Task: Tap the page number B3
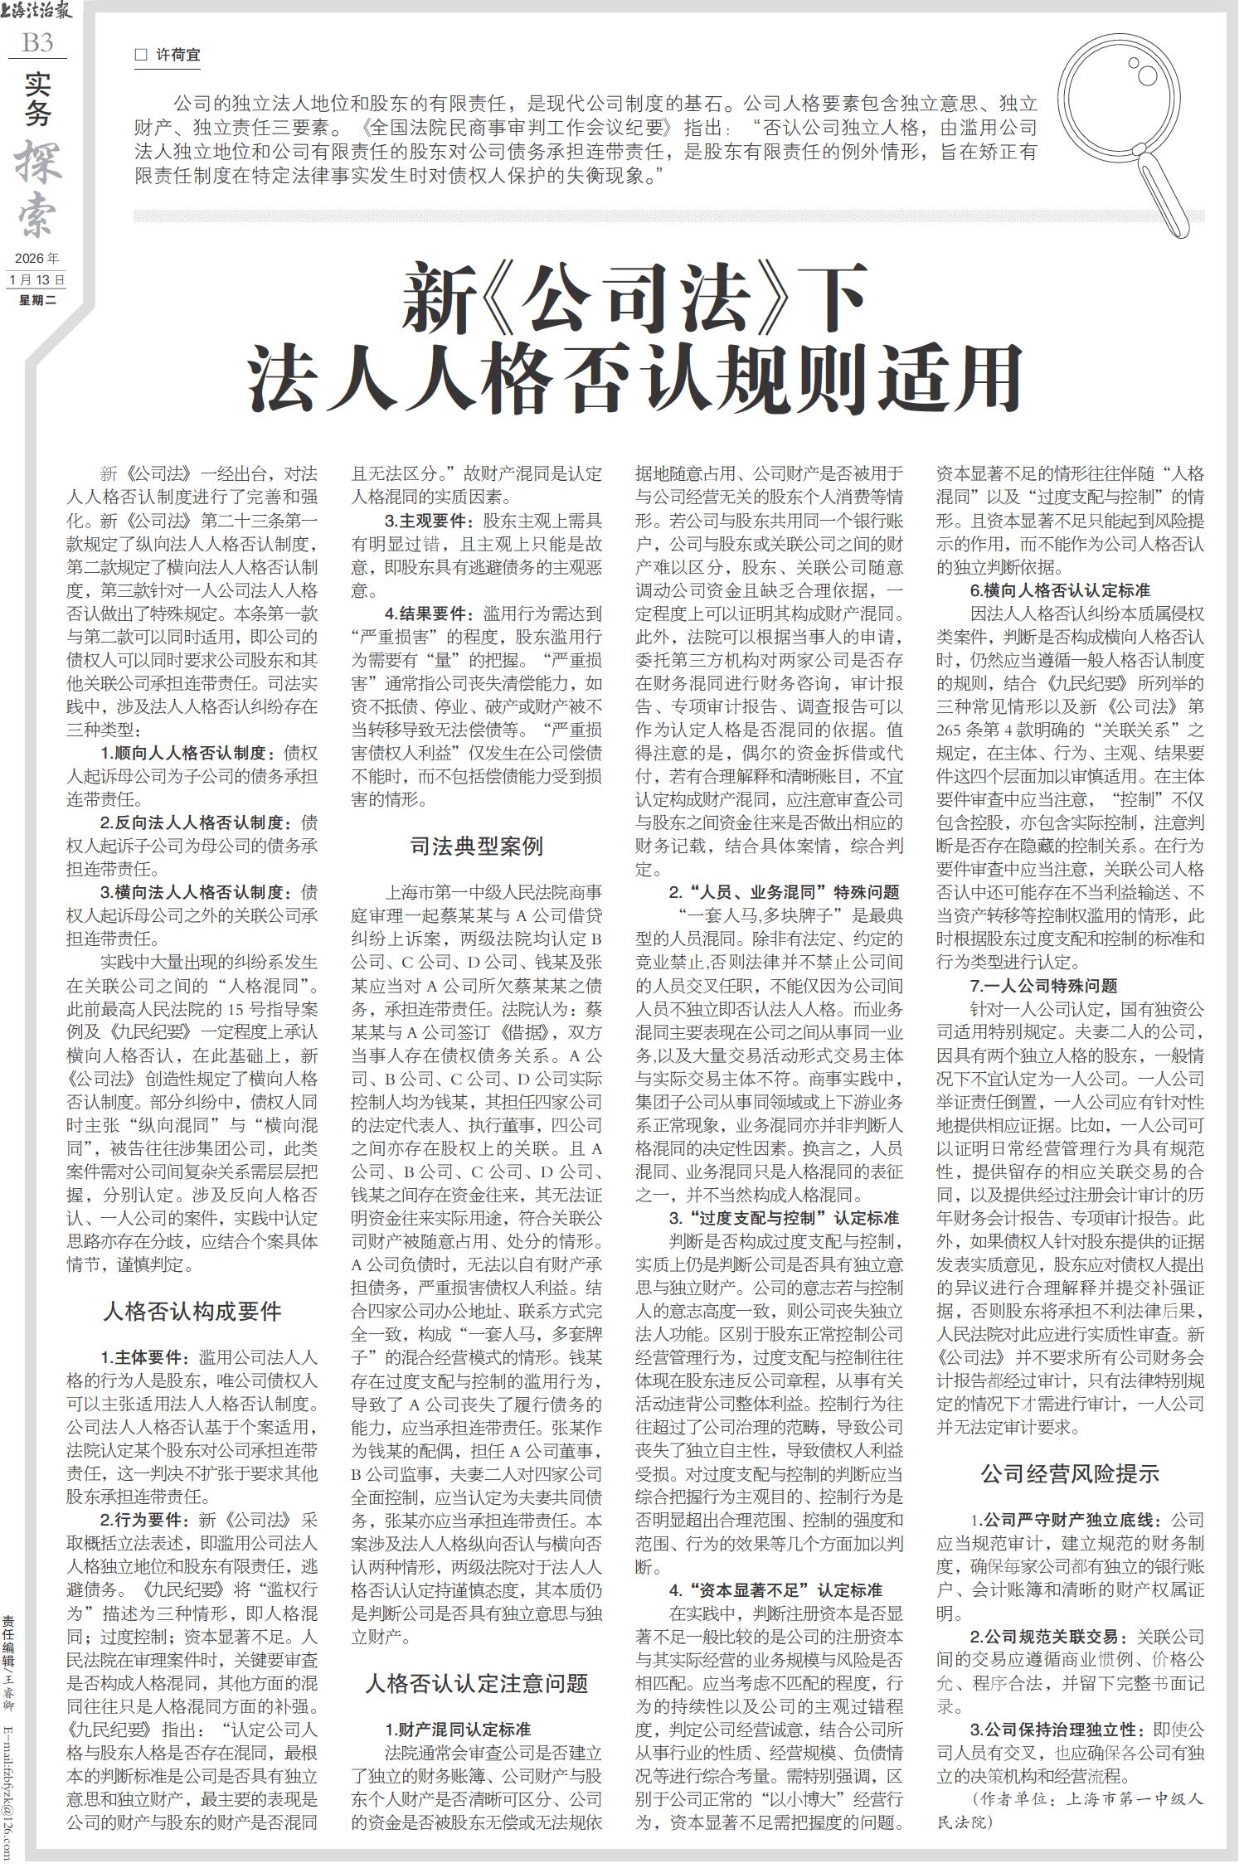pyautogui.click(x=37, y=42)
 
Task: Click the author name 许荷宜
pyautogui.click(x=178, y=56)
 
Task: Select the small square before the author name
pyautogui.click(x=140, y=56)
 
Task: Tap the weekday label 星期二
pyautogui.click(x=37, y=300)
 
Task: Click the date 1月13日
pyautogui.click(x=37, y=279)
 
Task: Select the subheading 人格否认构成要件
pyautogui.click(x=192, y=1311)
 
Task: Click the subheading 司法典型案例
pyautogui.click(x=477, y=845)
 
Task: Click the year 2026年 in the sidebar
pyautogui.click(x=37, y=259)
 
